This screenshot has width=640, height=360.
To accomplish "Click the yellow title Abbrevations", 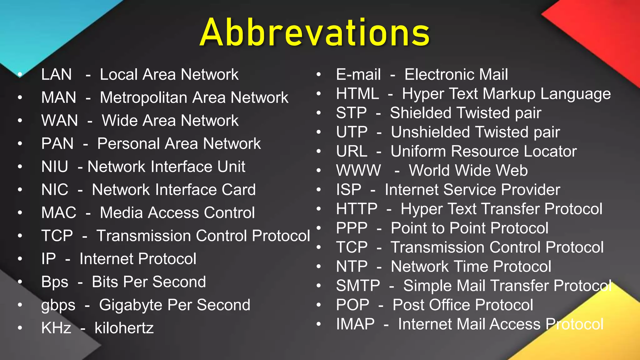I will click(x=315, y=33).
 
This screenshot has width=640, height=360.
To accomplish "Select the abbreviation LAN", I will click(x=57, y=75).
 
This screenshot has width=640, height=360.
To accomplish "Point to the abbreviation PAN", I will click(x=57, y=144).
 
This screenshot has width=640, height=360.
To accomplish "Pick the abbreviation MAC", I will click(x=59, y=213).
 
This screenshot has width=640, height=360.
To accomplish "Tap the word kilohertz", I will click(x=124, y=328).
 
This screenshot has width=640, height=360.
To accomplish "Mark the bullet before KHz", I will click(x=20, y=328).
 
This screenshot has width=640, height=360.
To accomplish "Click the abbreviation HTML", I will click(x=357, y=94).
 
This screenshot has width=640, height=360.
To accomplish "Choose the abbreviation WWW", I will click(x=358, y=171).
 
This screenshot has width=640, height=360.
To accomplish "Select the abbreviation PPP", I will click(x=352, y=228).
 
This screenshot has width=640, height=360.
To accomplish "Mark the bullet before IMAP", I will click(x=319, y=324).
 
